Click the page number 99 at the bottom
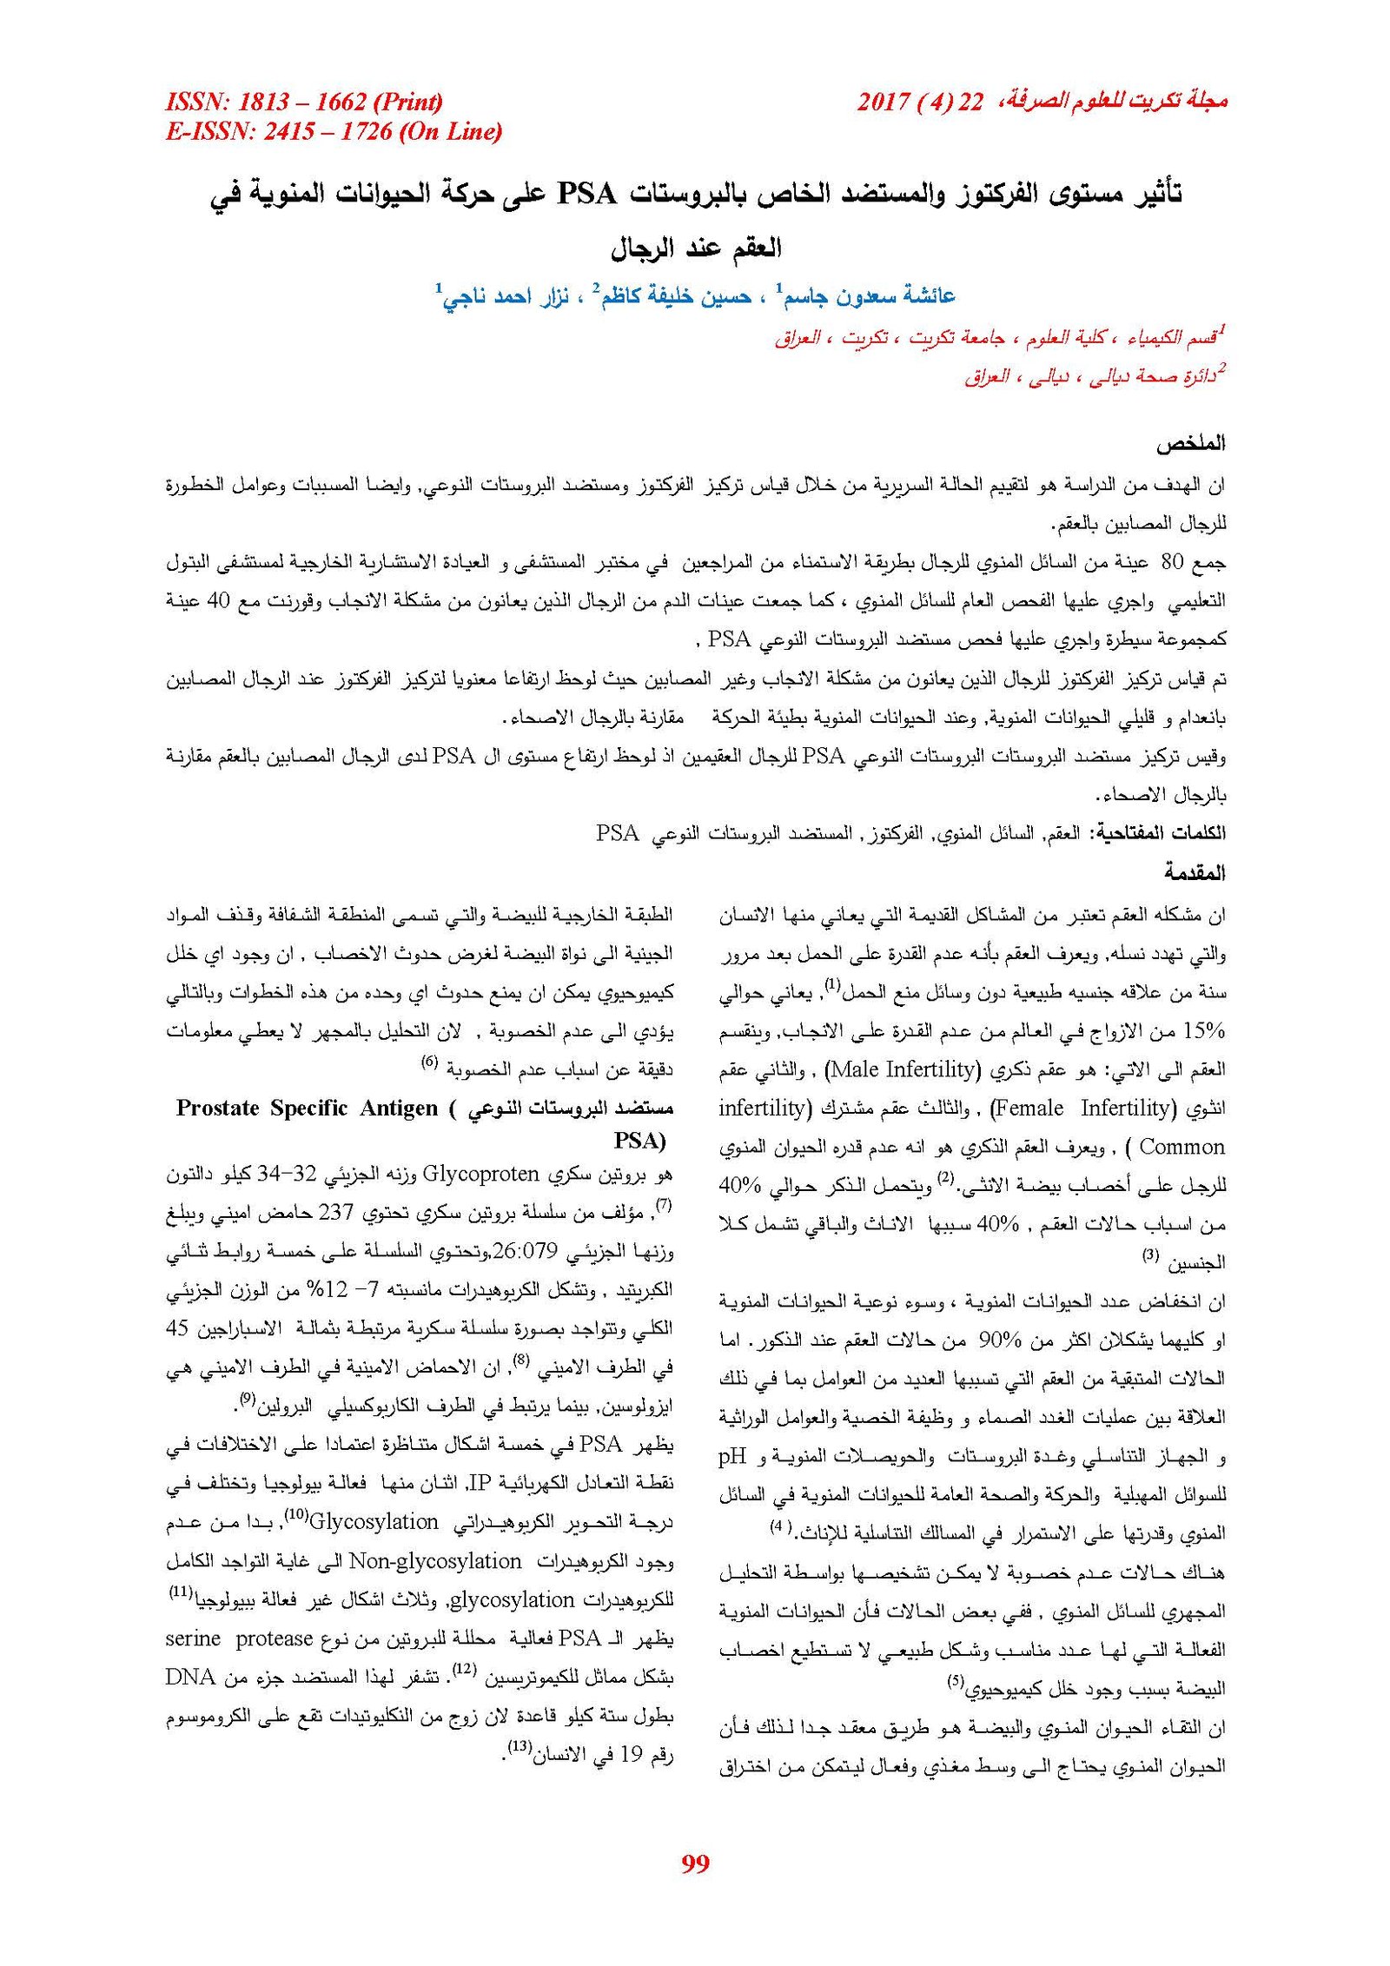695,1863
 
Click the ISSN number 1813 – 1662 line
304,103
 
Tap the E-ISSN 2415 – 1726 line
334,131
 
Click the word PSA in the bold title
586,193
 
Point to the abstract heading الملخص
1189,443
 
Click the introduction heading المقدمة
1194,871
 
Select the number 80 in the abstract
1172,562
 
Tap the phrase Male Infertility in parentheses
902,1069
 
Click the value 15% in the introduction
1203,1030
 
